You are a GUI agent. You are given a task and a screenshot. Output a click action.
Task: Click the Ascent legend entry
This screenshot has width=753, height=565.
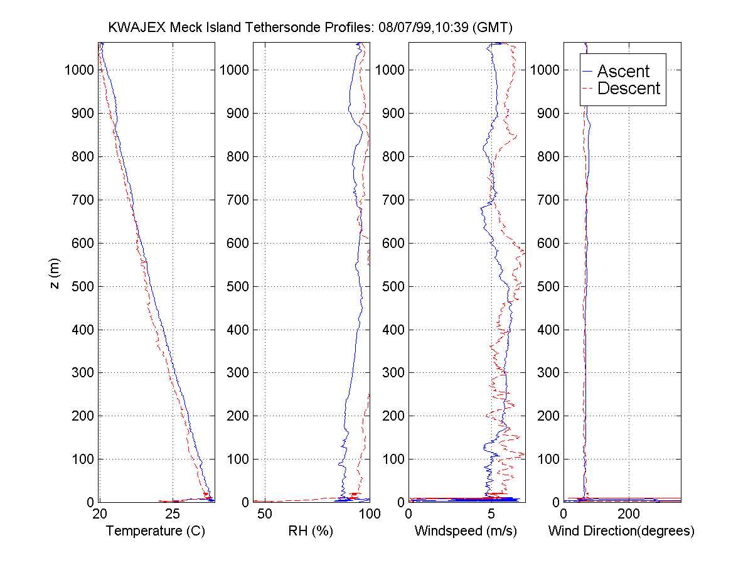[x=622, y=71]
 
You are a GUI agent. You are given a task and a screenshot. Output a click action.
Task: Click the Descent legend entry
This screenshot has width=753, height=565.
[x=628, y=89]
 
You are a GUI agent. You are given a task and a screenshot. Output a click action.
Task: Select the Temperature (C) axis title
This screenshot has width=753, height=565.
[x=156, y=531]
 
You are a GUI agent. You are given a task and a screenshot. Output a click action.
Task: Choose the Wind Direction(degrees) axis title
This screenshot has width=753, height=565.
[x=621, y=531]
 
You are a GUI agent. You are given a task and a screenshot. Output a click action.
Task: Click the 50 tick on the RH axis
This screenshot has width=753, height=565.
[x=265, y=514]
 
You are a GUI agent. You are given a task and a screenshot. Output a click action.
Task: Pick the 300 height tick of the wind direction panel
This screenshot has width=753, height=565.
[x=548, y=373]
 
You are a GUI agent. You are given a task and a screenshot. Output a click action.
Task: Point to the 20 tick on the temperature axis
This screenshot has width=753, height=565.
[x=99, y=514]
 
